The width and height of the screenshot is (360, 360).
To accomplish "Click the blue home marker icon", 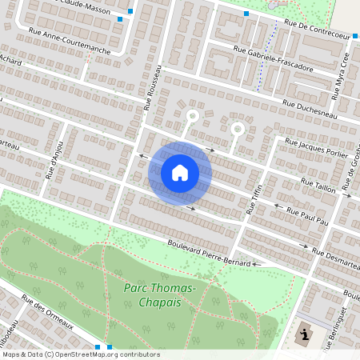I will (x=180, y=173).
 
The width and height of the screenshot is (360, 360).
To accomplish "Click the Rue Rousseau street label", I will (x=153, y=86).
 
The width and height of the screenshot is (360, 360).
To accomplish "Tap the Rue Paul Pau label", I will (x=308, y=214).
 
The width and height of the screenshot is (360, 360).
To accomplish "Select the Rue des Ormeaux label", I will (x=48, y=314).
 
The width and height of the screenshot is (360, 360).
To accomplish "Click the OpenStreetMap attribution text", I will (x=80, y=354).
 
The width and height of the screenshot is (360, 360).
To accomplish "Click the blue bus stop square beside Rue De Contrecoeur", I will (x=246, y=14).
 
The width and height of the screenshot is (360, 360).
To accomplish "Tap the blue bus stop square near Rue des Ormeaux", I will (x=98, y=346).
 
